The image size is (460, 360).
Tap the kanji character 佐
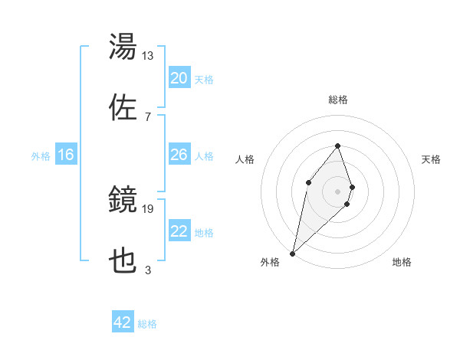click(123, 108)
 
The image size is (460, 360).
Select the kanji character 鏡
click(123, 201)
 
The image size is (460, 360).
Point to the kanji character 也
click(123, 261)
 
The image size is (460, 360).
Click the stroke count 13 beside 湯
click(148, 56)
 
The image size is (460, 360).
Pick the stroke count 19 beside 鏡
click(148, 208)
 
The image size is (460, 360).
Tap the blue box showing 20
click(179, 78)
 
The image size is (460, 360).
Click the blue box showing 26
click(179, 155)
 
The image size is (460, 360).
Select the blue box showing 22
click(179, 231)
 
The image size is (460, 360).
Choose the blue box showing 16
click(66, 155)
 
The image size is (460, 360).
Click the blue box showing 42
click(123, 322)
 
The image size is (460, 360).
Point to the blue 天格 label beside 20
click(204, 80)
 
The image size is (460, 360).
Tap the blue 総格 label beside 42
click(147, 324)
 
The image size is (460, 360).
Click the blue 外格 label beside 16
click(41, 156)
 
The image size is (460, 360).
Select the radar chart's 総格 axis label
click(338, 100)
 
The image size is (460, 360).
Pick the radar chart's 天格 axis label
click(432, 159)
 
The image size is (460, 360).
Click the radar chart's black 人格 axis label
click(245, 159)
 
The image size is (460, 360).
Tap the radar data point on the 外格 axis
click(292, 254)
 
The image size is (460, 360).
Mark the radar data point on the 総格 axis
click(338, 146)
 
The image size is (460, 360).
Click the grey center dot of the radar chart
click(338, 191)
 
